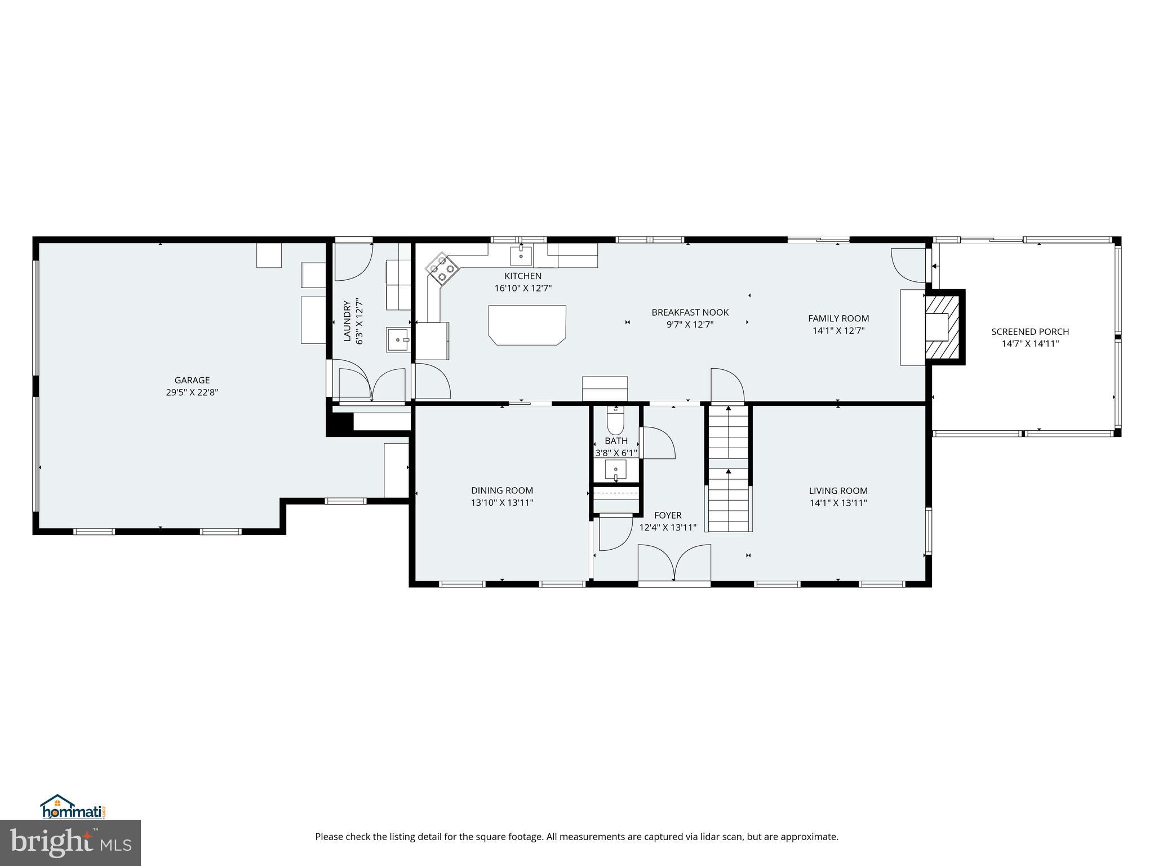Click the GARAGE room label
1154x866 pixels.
[x=192, y=380]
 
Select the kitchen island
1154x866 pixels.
[x=527, y=324]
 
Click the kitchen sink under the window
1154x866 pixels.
[x=521, y=255]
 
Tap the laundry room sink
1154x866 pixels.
[x=398, y=339]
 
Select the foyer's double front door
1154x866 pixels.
[x=674, y=562]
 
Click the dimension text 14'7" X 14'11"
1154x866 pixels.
[x=1030, y=343]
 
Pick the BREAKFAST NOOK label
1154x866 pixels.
[x=690, y=312]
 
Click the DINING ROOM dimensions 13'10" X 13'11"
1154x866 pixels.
[x=502, y=502]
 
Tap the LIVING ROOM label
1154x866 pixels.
[x=838, y=491]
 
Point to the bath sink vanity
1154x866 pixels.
[x=615, y=469]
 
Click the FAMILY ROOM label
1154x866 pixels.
[x=838, y=318]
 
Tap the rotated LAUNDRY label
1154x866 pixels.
[x=347, y=321]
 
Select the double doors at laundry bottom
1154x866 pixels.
[x=372, y=384]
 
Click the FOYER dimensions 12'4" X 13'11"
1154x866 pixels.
[x=668, y=528]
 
